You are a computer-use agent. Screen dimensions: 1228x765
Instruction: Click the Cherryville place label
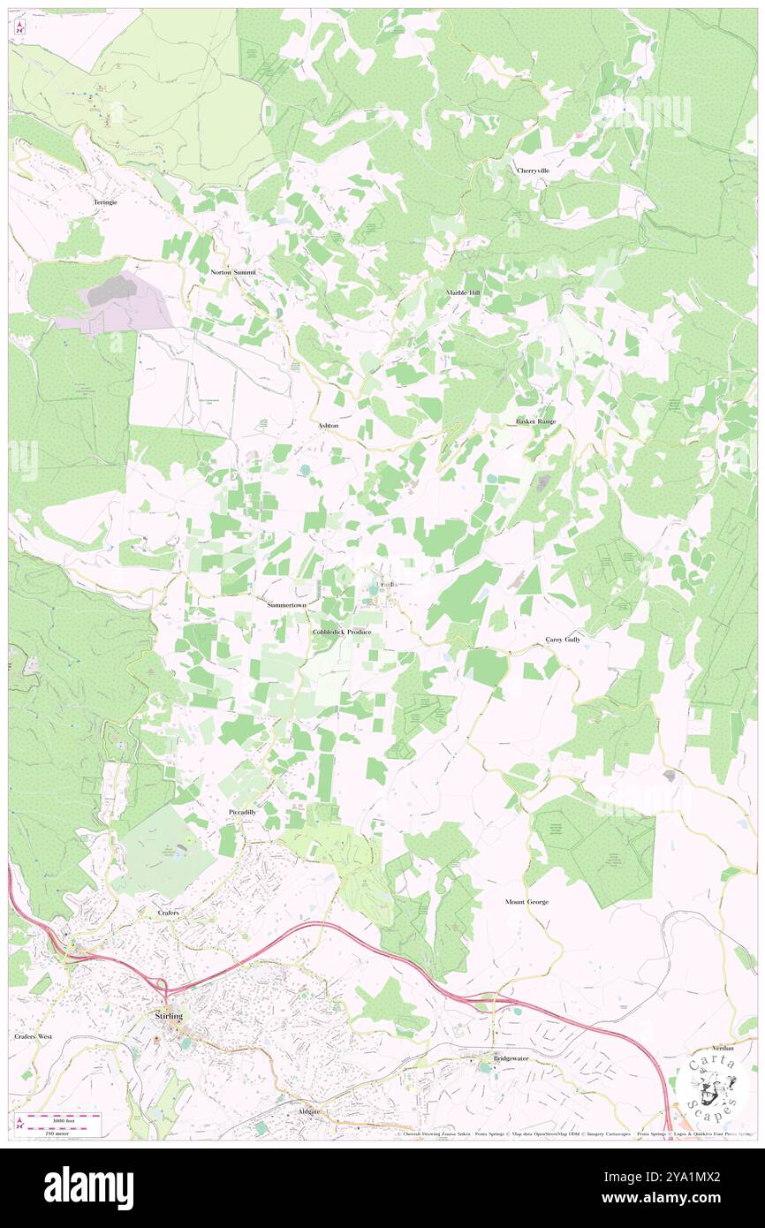pos(533,170)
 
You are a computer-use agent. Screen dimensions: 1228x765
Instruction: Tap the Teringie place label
pos(105,202)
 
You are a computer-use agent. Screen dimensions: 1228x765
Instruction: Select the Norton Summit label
pos(233,272)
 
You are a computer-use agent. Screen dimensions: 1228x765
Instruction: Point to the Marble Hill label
pos(462,292)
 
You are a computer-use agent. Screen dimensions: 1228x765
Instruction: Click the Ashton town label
pos(328,425)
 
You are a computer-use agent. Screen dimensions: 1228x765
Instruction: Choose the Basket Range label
pos(536,421)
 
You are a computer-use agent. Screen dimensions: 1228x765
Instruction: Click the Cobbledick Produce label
pos(342,633)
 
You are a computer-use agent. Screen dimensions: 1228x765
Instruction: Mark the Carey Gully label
pos(563,639)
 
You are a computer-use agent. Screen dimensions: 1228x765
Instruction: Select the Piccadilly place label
pos(242,811)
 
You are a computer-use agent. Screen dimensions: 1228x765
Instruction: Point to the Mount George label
pos(526,902)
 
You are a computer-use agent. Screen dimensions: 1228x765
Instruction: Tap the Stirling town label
pos(168,1017)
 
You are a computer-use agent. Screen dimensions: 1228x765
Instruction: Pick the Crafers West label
pos(34,1035)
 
